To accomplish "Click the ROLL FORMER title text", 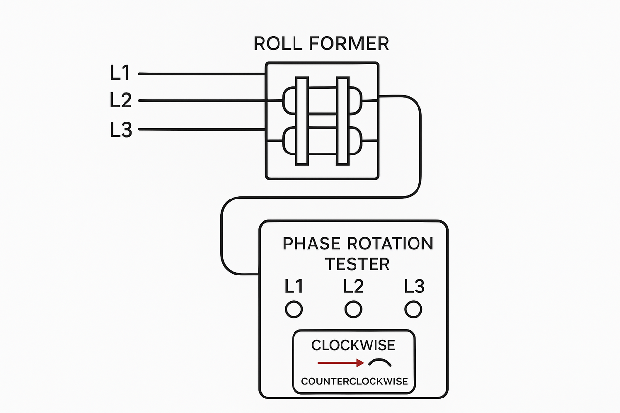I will pyautogui.click(x=321, y=44).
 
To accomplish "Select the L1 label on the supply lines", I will pyautogui.click(x=121, y=73).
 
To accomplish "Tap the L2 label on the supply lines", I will pyautogui.click(x=121, y=101).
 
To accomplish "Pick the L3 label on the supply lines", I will pyautogui.click(x=121, y=130).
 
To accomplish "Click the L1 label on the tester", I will pyautogui.click(x=294, y=287).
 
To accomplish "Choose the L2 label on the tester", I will pyautogui.click(x=353, y=287).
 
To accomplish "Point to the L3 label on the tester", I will pyautogui.click(x=414, y=287).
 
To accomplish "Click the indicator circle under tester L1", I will pyautogui.click(x=294, y=309).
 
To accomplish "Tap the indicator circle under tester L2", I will pyautogui.click(x=353, y=309).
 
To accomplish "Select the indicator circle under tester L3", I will pyautogui.click(x=413, y=309).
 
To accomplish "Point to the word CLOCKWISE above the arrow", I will pyautogui.click(x=353, y=345).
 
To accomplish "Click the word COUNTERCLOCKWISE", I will pyautogui.click(x=354, y=382).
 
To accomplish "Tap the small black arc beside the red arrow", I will pyautogui.click(x=380, y=362).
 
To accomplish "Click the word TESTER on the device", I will pyautogui.click(x=357, y=264).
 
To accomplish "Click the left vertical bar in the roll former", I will pyautogui.click(x=302, y=121).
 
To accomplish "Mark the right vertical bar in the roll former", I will pyautogui.click(x=343, y=121).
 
